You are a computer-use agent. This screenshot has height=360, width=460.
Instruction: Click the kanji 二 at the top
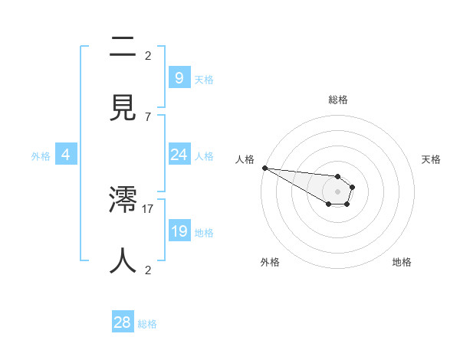[123, 47]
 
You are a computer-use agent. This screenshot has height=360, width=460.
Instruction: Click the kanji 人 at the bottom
[123, 260]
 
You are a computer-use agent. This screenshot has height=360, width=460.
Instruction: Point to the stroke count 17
[149, 208]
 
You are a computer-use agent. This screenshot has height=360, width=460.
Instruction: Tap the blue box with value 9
[179, 77]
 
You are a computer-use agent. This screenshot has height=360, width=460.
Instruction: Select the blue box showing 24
[179, 155]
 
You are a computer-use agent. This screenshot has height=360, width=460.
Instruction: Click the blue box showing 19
[179, 231]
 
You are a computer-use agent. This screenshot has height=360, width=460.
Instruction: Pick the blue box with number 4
[66, 155]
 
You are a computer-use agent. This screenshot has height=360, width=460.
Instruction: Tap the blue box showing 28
[123, 322]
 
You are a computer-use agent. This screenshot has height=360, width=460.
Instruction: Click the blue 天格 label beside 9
[204, 79]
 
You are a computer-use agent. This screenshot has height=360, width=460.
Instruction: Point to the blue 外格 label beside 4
[41, 156]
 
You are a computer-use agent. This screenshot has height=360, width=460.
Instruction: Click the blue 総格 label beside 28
[147, 324]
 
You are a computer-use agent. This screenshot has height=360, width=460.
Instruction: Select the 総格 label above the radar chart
[338, 100]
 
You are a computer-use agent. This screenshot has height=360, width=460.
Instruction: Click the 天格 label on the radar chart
[432, 159]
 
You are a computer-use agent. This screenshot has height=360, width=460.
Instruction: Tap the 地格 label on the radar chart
[402, 262]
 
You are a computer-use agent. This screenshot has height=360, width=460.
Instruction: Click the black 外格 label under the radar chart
[270, 262]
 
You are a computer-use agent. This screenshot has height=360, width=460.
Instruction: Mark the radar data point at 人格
[264, 168]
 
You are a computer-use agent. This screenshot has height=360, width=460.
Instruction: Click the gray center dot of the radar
[337, 191]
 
